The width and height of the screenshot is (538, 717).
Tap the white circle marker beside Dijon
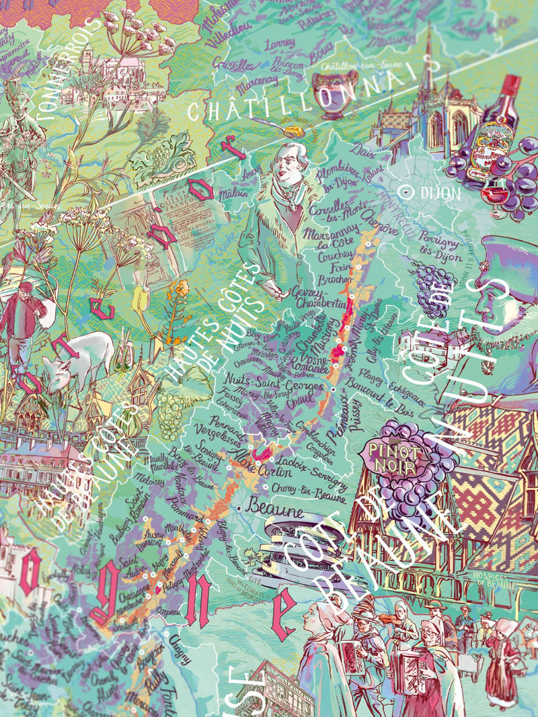(406, 192)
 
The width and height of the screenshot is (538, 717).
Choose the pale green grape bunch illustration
(171, 407)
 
